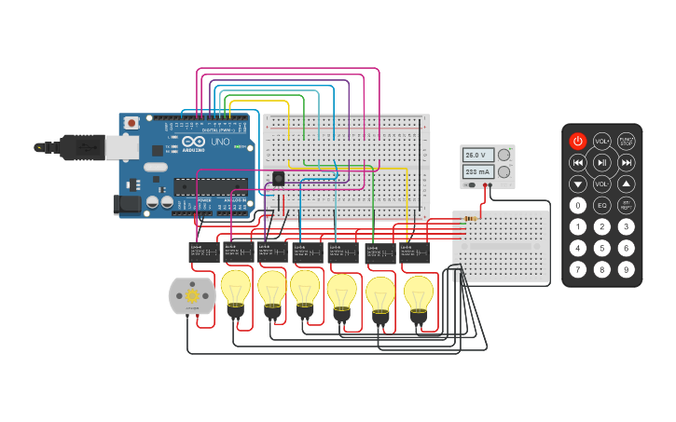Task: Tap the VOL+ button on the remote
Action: click(602, 142)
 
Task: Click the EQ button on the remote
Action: click(602, 206)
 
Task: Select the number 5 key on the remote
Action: click(602, 248)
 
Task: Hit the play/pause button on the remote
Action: click(602, 163)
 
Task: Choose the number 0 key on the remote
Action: click(578, 206)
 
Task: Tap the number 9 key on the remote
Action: click(627, 269)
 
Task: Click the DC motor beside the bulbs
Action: click(192, 295)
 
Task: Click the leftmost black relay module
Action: click(202, 252)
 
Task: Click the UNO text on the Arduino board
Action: click(221, 143)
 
